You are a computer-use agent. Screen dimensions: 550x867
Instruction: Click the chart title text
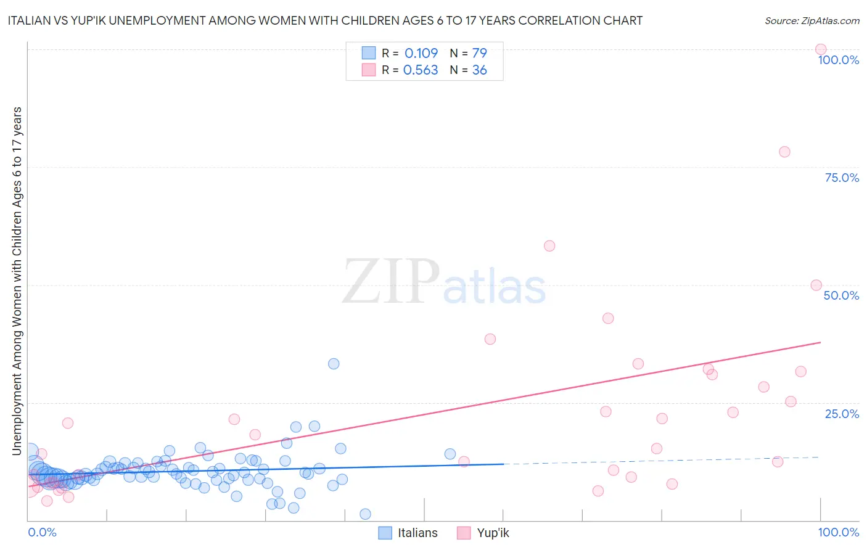coord(326,20)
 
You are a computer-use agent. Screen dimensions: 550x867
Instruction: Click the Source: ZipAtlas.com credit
coord(812,20)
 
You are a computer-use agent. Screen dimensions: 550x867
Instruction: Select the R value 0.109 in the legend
coord(421,53)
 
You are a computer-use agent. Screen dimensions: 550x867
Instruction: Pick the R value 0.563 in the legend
coord(421,70)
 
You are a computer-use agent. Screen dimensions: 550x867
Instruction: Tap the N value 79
coord(479,53)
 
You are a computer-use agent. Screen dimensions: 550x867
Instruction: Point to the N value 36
coord(479,70)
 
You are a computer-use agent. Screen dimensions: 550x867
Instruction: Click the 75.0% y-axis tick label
coord(842,178)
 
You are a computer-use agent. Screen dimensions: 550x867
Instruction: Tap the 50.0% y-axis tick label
coord(841,295)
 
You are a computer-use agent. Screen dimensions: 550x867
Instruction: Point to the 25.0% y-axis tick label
coord(842,414)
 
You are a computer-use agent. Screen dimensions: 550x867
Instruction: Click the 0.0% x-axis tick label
coord(42,532)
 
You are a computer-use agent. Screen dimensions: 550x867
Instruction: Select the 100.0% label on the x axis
coord(838,532)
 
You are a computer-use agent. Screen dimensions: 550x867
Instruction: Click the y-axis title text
coord(17,281)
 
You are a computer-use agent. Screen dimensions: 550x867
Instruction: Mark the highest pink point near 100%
coord(821,49)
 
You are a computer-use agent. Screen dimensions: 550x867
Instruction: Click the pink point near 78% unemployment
coord(784,152)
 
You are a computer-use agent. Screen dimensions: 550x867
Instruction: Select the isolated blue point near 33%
coord(334,364)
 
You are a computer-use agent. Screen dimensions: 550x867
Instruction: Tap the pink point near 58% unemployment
coord(549,246)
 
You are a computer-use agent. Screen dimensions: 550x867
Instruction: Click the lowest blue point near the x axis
coord(365,514)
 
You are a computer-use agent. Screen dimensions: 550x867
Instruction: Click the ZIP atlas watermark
coord(444,282)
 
